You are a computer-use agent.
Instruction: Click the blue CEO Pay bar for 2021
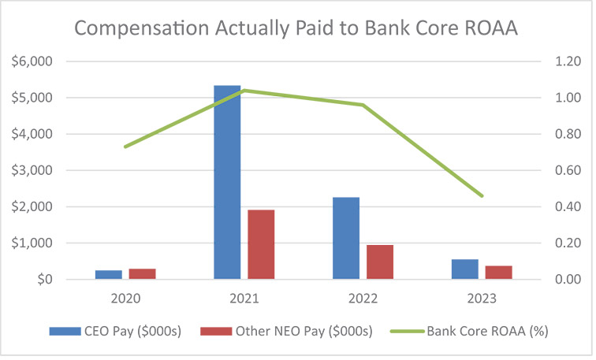[227, 182]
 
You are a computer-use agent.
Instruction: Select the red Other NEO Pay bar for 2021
[261, 244]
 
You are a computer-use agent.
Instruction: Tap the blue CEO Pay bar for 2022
[346, 238]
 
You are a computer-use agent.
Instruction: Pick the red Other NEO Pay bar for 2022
[380, 262]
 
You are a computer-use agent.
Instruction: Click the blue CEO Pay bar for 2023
[465, 269]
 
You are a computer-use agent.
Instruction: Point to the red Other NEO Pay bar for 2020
[142, 274]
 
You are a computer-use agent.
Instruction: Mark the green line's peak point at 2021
[244, 91]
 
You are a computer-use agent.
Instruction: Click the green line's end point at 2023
[482, 195]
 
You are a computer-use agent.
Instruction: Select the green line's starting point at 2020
[125, 147]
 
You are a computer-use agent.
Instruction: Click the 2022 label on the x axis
[363, 299]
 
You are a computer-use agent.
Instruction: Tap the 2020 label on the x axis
[125, 299]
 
